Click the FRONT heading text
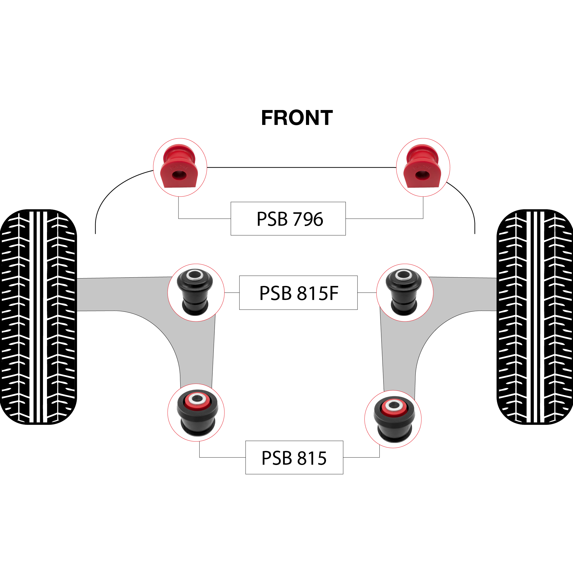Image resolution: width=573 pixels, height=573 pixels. [297, 118]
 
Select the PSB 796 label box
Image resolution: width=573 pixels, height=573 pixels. [288, 219]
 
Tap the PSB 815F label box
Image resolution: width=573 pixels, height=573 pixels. [298, 293]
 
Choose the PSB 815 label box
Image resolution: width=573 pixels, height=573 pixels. [294, 457]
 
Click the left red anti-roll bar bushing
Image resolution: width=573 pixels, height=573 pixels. [179, 166]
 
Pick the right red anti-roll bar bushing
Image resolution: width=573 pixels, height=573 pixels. [422, 166]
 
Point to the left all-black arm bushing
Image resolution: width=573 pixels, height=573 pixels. [195, 292]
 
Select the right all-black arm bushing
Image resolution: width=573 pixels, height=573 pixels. [404, 292]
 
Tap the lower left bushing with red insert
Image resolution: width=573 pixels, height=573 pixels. [197, 413]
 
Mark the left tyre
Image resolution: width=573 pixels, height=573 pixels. [38, 317]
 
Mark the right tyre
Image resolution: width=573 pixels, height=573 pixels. [535, 317]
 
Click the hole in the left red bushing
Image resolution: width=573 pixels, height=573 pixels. [179, 175]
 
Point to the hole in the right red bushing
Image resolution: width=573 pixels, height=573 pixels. [422, 175]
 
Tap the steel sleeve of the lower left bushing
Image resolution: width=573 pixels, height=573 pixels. [197, 399]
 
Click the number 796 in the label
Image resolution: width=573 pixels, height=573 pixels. [308, 219]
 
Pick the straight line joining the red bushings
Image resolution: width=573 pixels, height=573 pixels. [302, 168]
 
